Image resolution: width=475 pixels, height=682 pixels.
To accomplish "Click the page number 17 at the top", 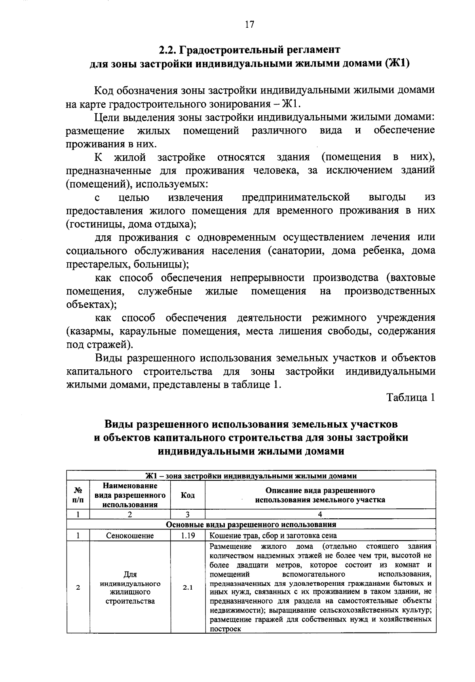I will [249, 25].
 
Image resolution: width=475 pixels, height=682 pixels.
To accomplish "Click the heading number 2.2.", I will [168, 50].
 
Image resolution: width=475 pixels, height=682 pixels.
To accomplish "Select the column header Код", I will [188, 495].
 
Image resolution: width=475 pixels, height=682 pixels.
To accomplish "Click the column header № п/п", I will [78, 495].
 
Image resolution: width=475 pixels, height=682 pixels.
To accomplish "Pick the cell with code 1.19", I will [188, 536].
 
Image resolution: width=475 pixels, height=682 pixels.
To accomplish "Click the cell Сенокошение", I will [130, 536].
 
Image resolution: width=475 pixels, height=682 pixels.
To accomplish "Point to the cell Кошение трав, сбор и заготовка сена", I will [273, 536].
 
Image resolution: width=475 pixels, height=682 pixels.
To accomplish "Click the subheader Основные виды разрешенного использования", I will [251, 525].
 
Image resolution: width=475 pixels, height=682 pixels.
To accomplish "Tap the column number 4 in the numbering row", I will [320, 514].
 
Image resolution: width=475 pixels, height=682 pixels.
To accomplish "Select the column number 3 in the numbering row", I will [188, 514].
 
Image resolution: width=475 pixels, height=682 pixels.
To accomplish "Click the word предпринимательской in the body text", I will [296, 197].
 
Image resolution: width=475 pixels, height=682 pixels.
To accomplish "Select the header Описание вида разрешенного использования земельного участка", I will [320, 495].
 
